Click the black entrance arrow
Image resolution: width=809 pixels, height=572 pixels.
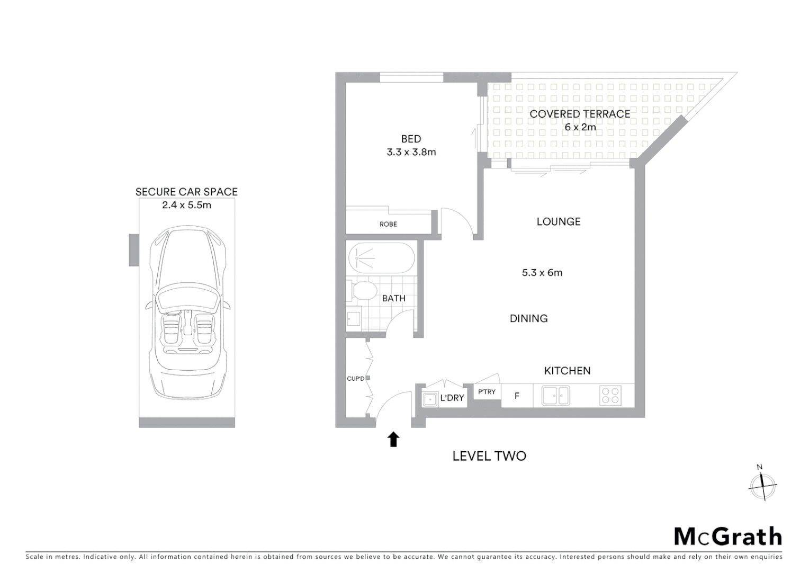[393, 439]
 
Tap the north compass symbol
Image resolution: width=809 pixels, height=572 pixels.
[762, 484]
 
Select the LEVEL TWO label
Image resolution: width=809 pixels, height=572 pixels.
[489, 456]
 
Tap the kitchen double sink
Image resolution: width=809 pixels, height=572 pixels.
[555, 395]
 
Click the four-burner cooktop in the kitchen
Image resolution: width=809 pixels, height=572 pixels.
[610, 396]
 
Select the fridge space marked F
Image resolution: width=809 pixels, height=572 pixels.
[517, 396]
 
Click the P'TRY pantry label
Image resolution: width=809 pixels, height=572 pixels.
[487, 392]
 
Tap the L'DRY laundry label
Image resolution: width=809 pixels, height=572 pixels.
[452, 398]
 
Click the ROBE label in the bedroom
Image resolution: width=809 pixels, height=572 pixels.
[388, 224]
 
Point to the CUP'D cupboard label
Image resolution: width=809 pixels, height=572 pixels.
[355, 378]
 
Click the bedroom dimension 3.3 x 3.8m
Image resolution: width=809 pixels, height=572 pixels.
[411, 152]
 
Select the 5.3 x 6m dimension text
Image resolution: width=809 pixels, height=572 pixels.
[542, 273]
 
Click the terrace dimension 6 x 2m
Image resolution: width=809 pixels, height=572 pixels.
[580, 127]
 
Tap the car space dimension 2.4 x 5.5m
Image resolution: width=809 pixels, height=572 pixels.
[186, 205]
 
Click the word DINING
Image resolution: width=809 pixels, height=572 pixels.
[528, 318]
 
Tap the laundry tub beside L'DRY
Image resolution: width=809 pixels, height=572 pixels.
[430, 398]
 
